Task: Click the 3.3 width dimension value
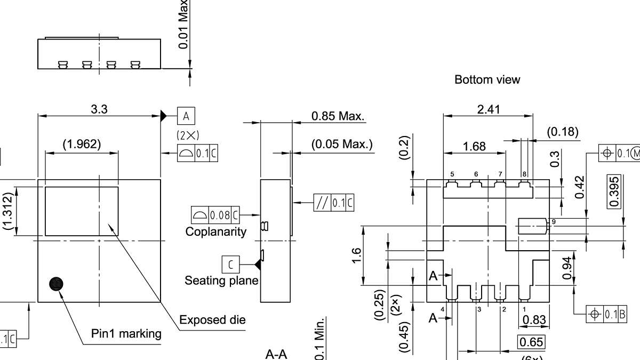tap(99, 109)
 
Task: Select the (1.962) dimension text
tap(82, 144)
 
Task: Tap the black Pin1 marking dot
tap(56, 284)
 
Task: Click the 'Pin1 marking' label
tap(126, 334)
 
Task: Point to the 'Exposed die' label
tap(212, 320)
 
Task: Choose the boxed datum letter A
tap(186, 116)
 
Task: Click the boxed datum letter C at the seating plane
tap(230, 264)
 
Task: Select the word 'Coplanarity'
tap(216, 232)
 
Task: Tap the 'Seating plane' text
tap(221, 281)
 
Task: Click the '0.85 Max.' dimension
tap(338, 116)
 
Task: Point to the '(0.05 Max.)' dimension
tap(342, 145)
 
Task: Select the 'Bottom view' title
tap(487, 80)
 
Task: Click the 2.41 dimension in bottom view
tap(488, 109)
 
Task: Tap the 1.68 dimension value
tap(474, 146)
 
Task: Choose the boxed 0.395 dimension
tap(614, 191)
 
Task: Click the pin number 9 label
tap(554, 221)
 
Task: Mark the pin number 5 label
tap(452, 174)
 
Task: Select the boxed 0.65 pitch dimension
tap(531, 342)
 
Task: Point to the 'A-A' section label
tap(276, 355)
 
